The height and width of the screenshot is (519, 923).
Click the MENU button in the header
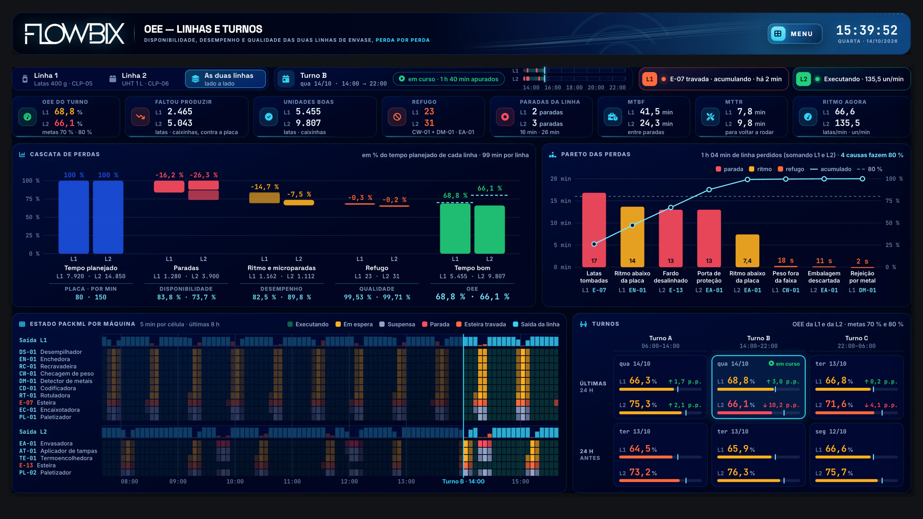click(x=795, y=34)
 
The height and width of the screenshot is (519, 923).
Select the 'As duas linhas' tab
click(x=225, y=79)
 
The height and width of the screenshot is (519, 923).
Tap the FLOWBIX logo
click(x=75, y=34)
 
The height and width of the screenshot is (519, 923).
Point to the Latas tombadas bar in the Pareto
click(x=594, y=230)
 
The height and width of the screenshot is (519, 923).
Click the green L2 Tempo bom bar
click(x=489, y=230)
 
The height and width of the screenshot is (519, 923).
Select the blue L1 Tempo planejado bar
click(x=74, y=217)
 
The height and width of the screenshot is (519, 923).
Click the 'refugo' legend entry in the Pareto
click(x=791, y=169)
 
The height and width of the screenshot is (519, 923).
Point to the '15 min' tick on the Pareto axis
click(x=560, y=201)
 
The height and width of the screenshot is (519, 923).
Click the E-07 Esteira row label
click(x=37, y=403)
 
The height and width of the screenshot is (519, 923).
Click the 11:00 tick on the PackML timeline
click(x=292, y=482)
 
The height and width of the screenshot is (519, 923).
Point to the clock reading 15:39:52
click(x=867, y=30)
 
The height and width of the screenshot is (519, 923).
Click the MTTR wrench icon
click(x=710, y=117)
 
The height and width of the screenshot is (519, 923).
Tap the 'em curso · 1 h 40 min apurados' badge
click(x=449, y=79)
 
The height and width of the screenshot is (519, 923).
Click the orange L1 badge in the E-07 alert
click(x=650, y=79)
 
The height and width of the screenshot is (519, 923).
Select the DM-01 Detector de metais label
click(x=56, y=381)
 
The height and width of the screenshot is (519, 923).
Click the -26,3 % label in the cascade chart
click(x=204, y=175)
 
